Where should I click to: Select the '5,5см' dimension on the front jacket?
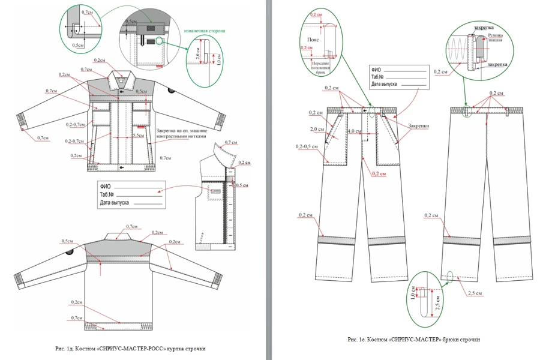[137, 136]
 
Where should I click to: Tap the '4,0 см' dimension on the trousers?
[354, 131]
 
